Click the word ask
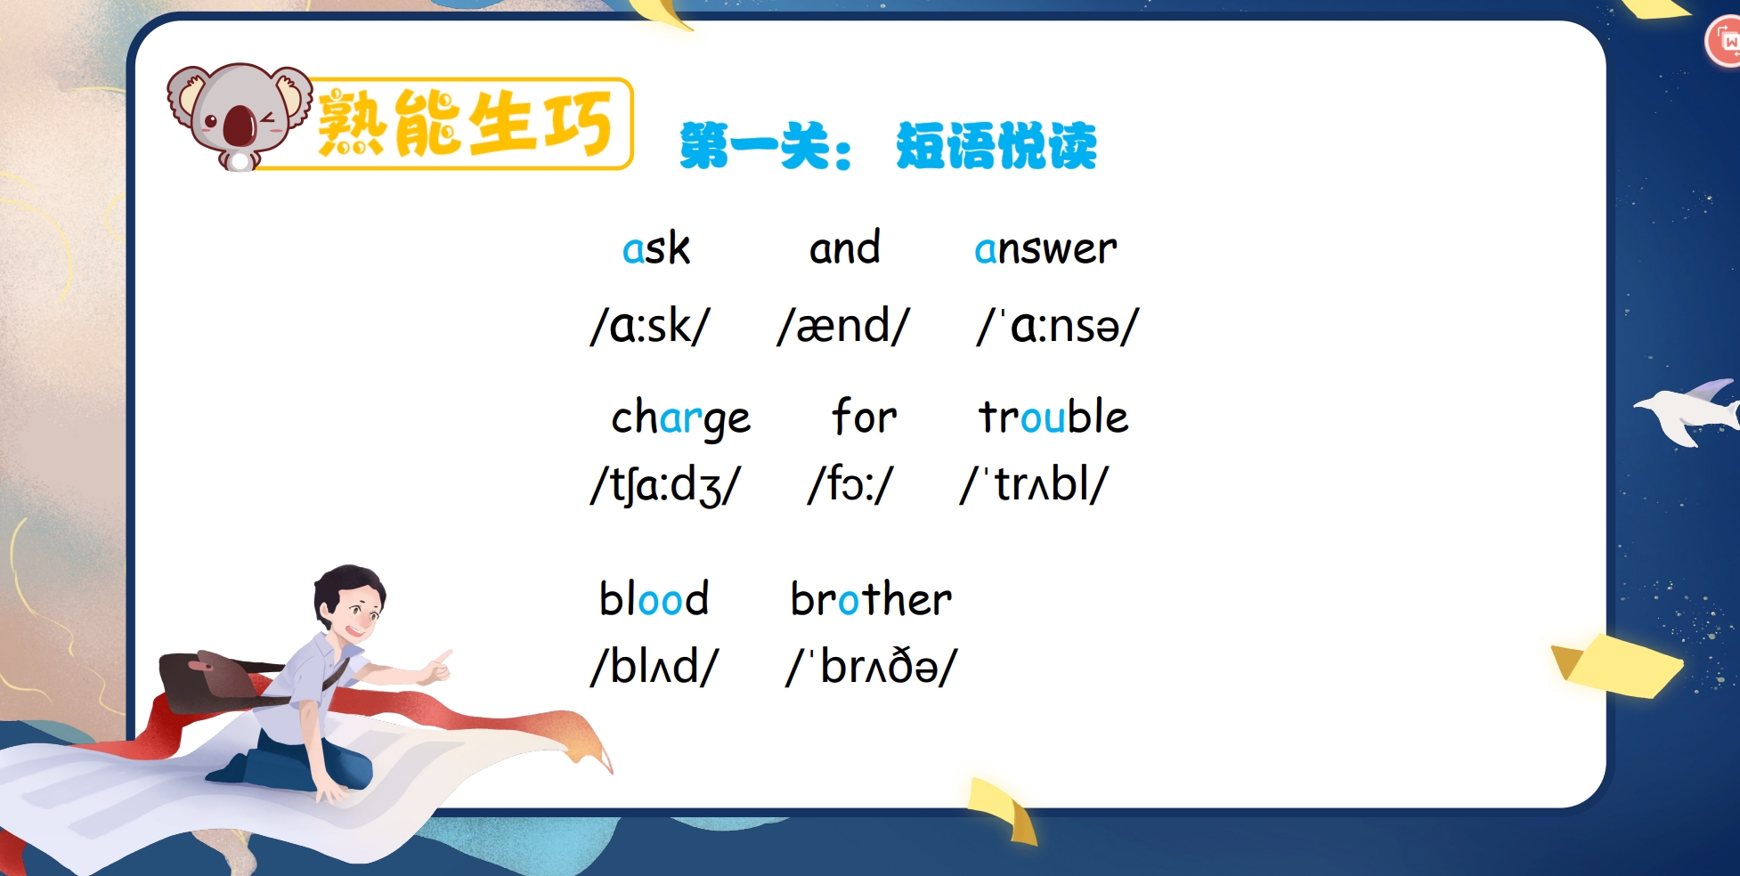656,248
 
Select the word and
844,247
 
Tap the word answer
1045,248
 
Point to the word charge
680,418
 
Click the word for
864,416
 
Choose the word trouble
1053,416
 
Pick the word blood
654,598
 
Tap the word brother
871,598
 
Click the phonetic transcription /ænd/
843,326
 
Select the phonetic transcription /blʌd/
655,666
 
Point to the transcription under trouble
1034,485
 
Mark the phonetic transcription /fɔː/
850,485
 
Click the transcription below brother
871,666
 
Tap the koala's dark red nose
240,126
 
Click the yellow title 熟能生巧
465,124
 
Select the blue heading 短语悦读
996,145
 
